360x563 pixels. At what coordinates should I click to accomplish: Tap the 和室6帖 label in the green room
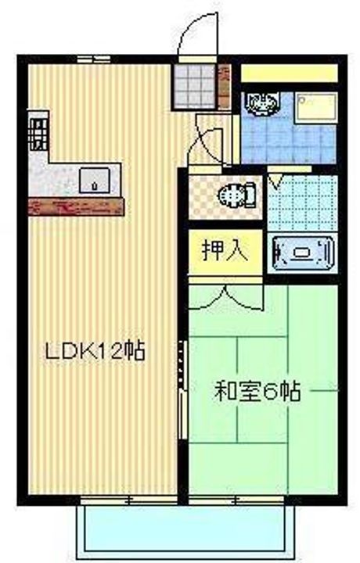(257, 392)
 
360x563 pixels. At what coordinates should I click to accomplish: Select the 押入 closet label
(225, 250)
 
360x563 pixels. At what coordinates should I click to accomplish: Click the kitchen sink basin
(95, 180)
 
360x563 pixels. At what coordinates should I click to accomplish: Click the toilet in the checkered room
(237, 195)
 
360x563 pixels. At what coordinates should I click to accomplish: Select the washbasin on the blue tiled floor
(261, 103)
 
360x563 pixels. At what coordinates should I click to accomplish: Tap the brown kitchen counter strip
(76, 206)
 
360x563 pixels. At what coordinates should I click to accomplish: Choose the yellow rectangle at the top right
(290, 74)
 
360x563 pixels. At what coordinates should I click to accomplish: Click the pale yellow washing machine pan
(316, 107)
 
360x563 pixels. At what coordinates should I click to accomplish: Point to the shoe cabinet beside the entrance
(225, 86)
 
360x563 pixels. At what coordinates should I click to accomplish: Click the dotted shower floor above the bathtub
(303, 203)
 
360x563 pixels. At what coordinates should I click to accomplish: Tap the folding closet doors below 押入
(225, 297)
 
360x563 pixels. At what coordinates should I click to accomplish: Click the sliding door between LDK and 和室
(182, 389)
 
